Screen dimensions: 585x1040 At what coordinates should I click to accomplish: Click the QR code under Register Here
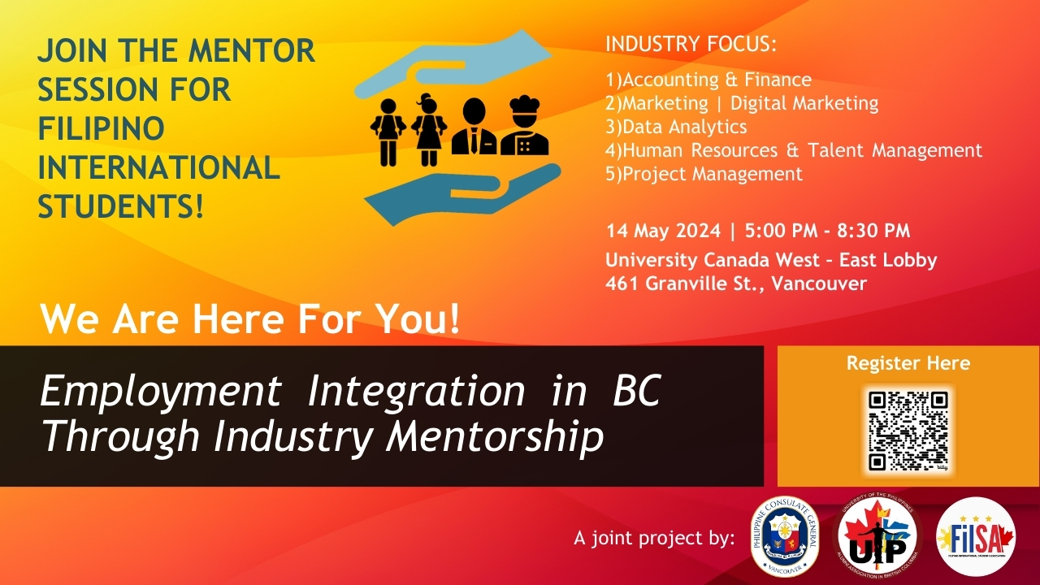pyautogui.click(x=908, y=431)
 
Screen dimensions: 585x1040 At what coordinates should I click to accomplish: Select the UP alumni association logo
pyautogui.click(x=877, y=536)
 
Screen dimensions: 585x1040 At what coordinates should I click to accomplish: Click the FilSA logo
pyautogui.click(x=976, y=536)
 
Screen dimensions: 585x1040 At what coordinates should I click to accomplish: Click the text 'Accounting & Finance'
pyautogui.click(x=717, y=80)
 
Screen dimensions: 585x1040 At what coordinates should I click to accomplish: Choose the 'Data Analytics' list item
pyautogui.click(x=684, y=127)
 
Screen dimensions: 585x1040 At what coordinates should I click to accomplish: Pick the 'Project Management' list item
pyautogui.click(x=713, y=174)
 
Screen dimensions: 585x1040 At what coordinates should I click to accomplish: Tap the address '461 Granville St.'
pyautogui.click(x=685, y=284)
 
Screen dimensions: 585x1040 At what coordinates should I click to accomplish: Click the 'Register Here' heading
pyautogui.click(x=908, y=363)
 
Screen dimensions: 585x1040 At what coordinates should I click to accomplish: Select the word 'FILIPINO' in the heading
pyautogui.click(x=102, y=128)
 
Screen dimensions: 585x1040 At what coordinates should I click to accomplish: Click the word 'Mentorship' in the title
pyautogui.click(x=495, y=436)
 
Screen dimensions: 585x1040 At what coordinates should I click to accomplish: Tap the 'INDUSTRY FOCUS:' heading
pyautogui.click(x=691, y=44)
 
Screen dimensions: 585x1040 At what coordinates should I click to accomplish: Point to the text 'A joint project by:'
pyautogui.click(x=654, y=538)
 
